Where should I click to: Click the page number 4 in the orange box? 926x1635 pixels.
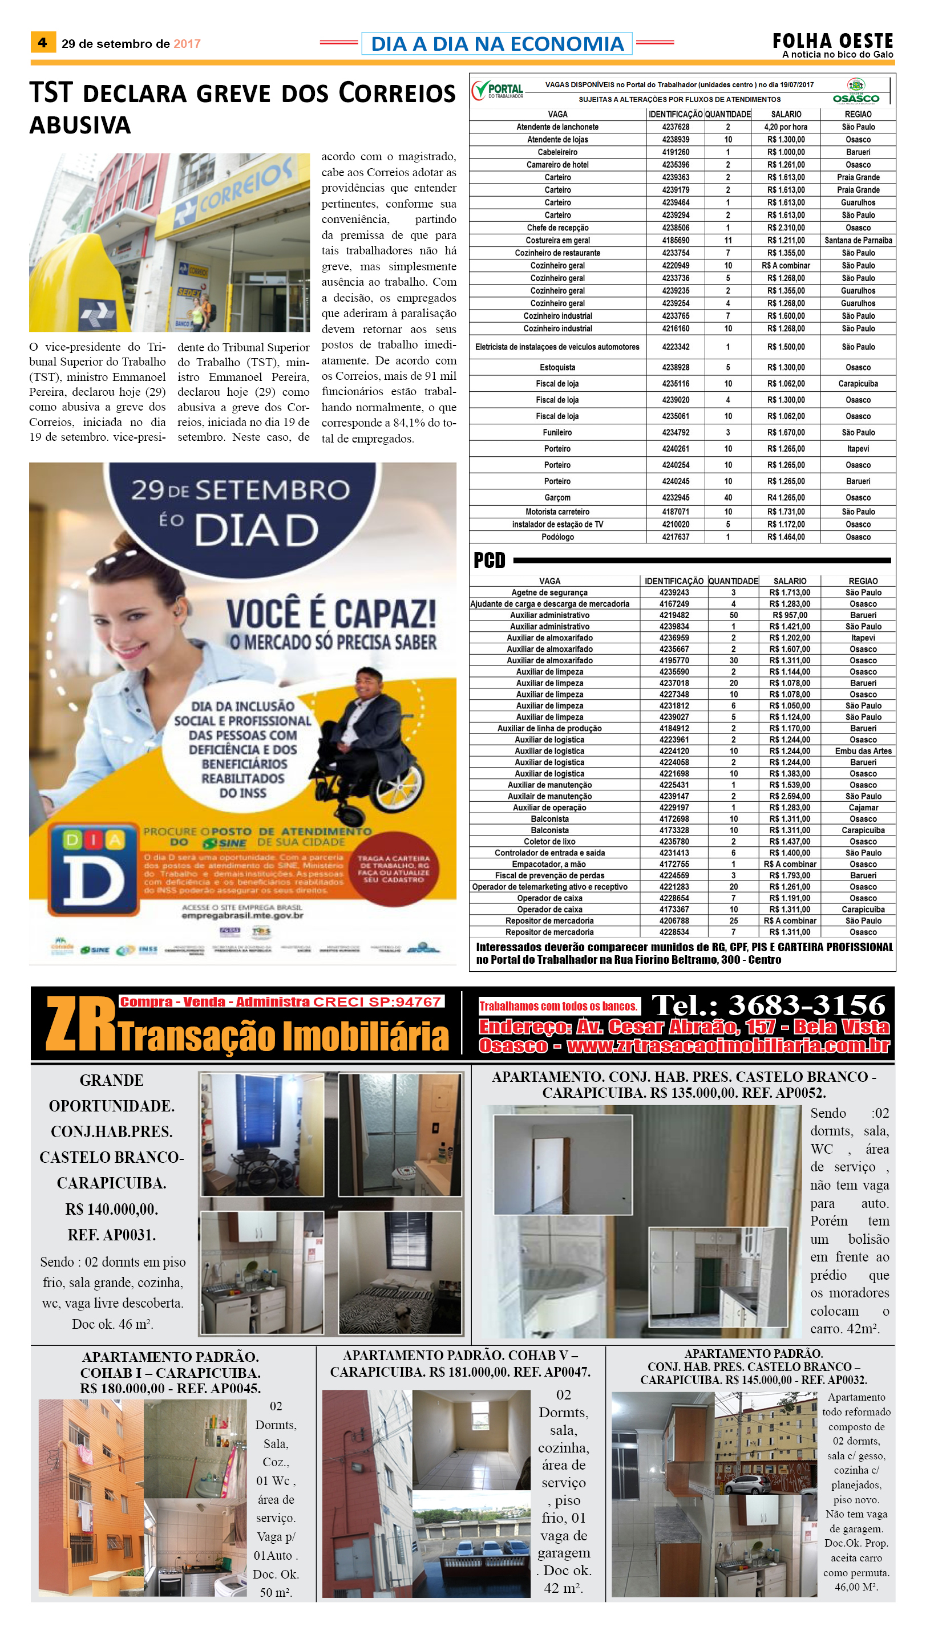(x=43, y=43)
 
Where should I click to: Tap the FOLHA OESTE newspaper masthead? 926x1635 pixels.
(x=832, y=42)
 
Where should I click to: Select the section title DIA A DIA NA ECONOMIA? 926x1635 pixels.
(x=497, y=43)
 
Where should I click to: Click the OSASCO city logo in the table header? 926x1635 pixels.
(x=856, y=92)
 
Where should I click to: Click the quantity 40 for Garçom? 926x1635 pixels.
(x=727, y=498)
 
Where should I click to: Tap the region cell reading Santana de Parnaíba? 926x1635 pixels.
(x=858, y=240)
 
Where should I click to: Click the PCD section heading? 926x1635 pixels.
(x=489, y=560)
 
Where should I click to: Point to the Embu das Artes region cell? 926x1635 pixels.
(x=863, y=750)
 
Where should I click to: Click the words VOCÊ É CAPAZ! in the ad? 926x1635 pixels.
(x=331, y=614)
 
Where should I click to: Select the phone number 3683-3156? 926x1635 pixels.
(x=806, y=1005)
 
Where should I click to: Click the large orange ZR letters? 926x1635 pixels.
(x=81, y=1024)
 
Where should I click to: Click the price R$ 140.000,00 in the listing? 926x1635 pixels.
(x=111, y=1209)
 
